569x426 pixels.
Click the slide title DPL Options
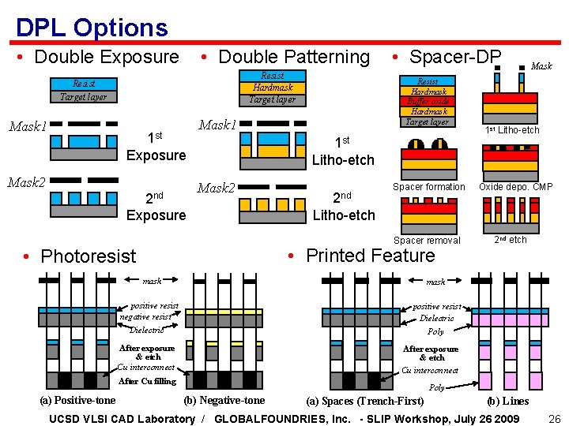92,28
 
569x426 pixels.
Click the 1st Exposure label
156,146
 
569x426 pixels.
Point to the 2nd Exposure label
156,207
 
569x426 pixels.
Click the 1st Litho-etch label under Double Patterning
343,151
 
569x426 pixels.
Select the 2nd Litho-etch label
343,207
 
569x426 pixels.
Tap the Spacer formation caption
429,187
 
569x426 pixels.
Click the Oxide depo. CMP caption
515,187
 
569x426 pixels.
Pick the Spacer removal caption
427,241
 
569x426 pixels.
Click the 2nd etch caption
511,240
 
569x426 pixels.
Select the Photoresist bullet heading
88,256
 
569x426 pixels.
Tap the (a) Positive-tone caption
77,400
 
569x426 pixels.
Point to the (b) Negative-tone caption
224,400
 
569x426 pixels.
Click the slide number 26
554,418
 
